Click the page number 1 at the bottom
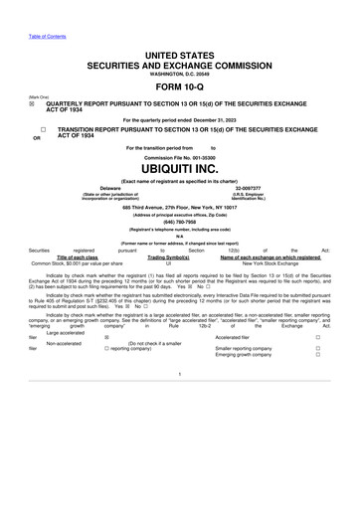pos(180,429)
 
